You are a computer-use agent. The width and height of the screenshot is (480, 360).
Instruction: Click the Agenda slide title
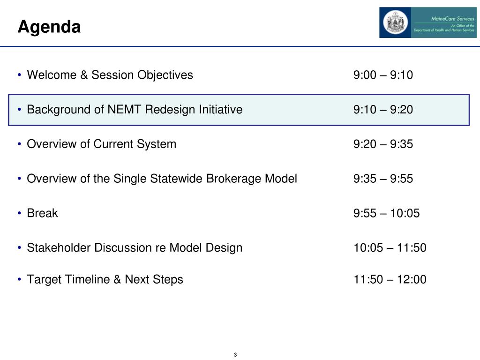[x=49, y=27]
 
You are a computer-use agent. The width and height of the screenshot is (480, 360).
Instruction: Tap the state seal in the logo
[x=395, y=22]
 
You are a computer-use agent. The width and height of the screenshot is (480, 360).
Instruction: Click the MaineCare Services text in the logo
[x=453, y=19]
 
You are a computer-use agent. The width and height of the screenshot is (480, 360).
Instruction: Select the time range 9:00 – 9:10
[x=383, y=75]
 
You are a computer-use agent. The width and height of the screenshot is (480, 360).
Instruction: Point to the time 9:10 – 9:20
[x=383, y=110]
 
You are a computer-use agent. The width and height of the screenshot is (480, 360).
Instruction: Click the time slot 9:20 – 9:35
[x=383, y=144]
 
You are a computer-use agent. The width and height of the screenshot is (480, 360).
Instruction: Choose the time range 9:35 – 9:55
[x=383, y=179]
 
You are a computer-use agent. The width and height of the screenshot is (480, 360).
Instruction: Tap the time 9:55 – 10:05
[x=386, y=213]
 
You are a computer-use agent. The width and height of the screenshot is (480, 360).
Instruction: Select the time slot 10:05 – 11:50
[x=390, y=248]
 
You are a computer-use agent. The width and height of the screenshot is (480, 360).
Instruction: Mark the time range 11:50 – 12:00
[x=390, y=279]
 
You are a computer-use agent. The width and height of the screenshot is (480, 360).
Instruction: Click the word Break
[x=42, y=213]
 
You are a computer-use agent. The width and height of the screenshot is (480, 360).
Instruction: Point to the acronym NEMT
[x=124, y=110]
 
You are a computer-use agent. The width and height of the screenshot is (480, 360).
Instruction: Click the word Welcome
[x=52, y=75]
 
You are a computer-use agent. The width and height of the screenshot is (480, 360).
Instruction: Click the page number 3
[x=235, y=355]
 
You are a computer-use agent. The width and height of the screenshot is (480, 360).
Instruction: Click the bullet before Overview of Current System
[x=20, y=144]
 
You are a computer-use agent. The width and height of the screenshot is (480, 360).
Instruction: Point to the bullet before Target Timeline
[x=20, y=279]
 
